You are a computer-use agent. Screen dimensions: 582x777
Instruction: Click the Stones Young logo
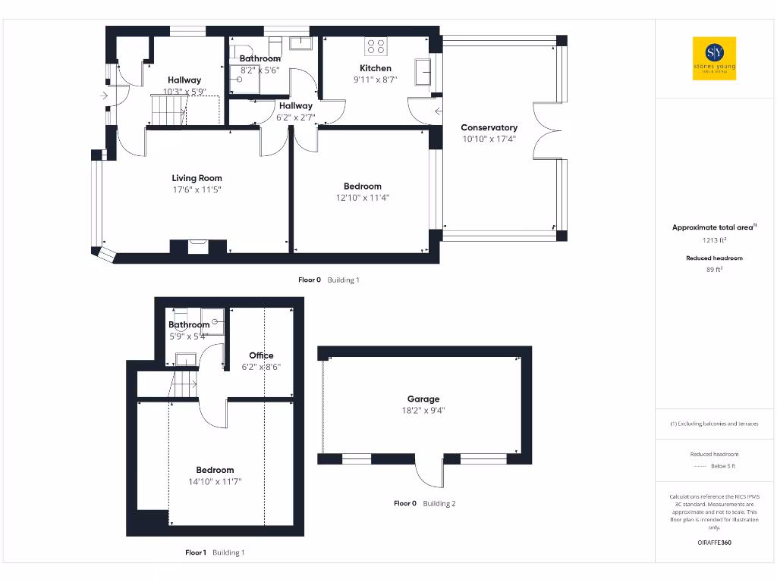[714, 58]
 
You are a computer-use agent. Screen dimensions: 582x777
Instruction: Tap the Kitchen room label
[376, 68]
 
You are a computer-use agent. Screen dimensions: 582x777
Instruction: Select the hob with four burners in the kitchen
[376, 45]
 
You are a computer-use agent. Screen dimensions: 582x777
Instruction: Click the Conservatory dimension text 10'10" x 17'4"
[489, 139]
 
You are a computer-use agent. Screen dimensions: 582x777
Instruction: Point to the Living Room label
[197, 178]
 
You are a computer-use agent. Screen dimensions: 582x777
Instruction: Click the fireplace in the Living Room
[197, 246]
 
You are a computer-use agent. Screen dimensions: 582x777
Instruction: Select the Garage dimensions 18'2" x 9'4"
[423, 411]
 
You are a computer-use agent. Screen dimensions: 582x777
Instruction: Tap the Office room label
[261, 355]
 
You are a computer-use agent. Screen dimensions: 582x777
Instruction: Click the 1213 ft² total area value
[714, 240]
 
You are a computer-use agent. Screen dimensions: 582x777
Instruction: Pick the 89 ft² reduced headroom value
[714, 269]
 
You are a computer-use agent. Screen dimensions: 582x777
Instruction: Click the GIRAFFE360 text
[714, 543]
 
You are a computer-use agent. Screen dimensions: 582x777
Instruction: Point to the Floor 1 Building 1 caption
[215, 552]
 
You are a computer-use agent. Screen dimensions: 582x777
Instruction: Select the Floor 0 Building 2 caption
[424, 503]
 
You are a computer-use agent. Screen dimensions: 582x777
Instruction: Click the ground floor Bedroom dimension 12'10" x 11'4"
[362, 198]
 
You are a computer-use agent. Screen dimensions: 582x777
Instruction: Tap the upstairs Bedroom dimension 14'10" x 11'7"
[215, 481]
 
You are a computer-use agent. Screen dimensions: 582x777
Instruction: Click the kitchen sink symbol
[421, 74]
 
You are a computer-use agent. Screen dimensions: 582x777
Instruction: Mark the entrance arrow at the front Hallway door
[104, 95]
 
